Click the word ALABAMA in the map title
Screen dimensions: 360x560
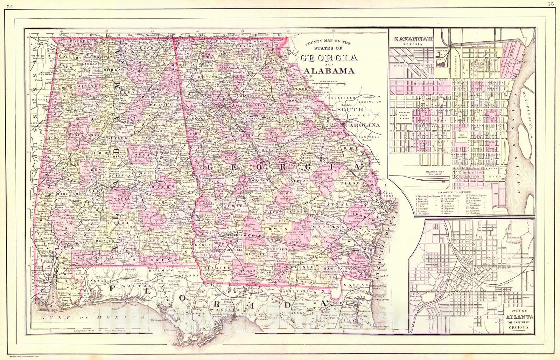[329, 71]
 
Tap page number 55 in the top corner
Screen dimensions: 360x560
[555, 4]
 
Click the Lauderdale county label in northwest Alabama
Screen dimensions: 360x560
[76, 42]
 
